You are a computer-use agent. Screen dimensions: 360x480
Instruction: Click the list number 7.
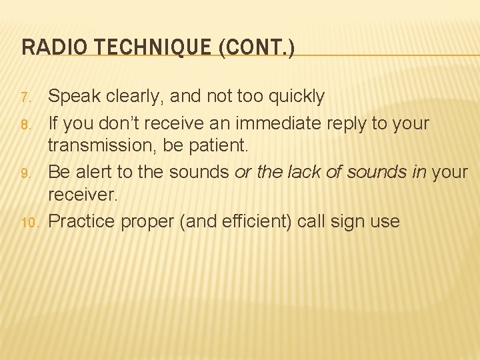tap(26, 99)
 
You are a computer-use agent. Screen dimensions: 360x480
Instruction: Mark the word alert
tap(93, 173)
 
